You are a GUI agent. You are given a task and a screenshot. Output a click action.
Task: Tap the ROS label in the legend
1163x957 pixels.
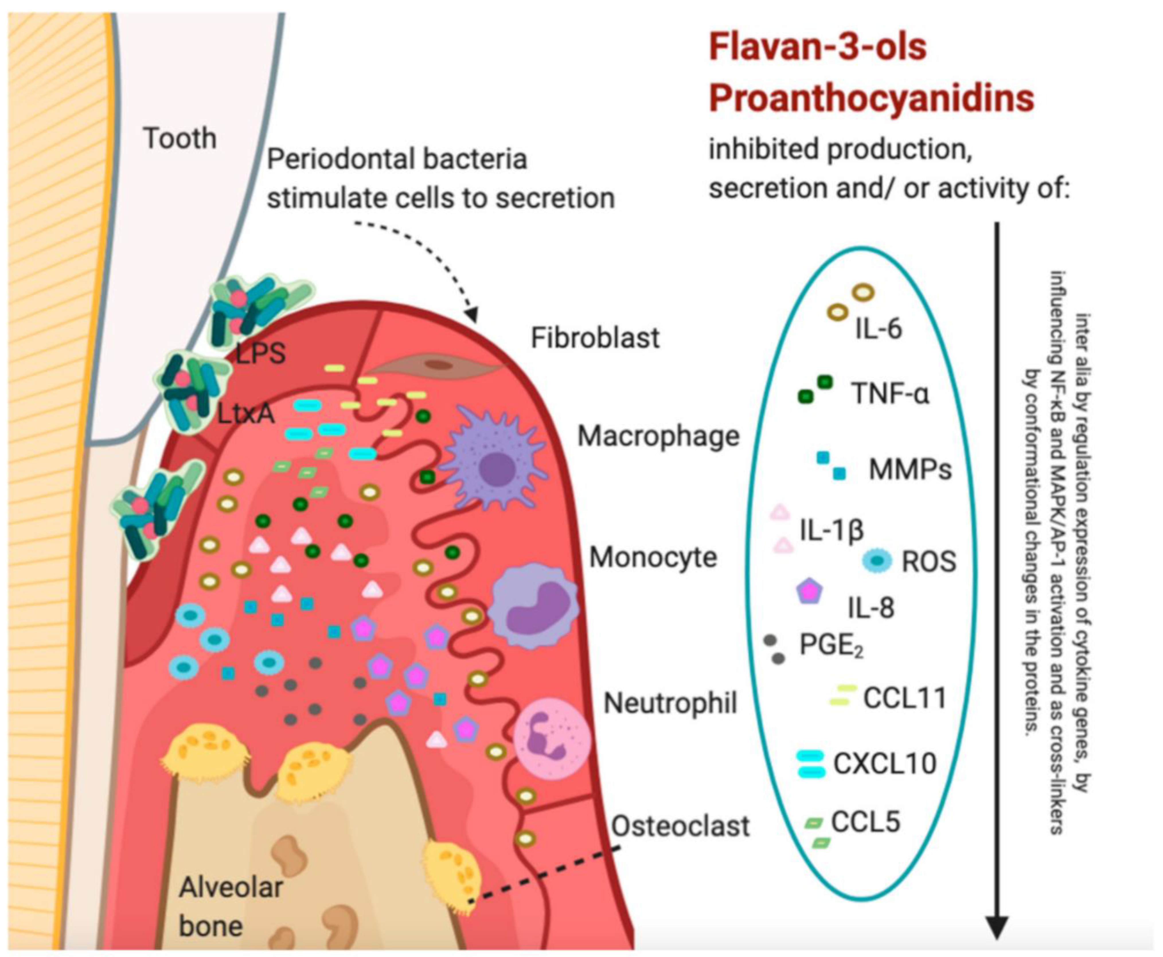pos(928,562)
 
